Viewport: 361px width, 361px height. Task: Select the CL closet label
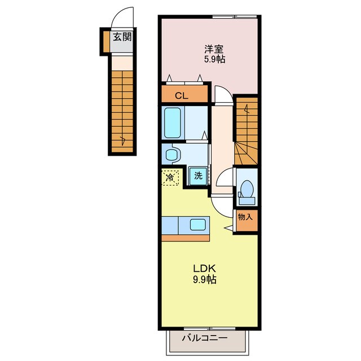click(181, 95)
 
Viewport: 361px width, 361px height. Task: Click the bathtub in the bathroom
click(172, 124)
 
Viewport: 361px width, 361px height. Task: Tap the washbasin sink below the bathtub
click(171, 153)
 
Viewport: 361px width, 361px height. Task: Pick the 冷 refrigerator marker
click(170, 178)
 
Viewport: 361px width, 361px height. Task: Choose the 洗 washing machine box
click(197, 175)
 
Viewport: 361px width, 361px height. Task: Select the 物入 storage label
click(246, 217)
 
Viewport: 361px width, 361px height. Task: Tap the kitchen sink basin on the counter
click(197, 224)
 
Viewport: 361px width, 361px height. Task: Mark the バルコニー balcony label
click(204, 339)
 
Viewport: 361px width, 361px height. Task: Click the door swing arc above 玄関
click(122, 19)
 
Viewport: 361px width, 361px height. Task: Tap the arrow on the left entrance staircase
click(122, 138)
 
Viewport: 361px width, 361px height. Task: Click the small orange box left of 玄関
click(105, 39)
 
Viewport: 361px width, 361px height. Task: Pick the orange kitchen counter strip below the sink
click(185, 237)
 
